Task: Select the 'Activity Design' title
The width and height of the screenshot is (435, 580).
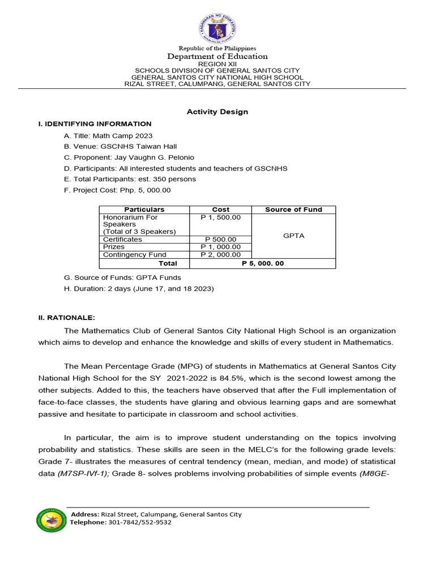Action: (217, 112)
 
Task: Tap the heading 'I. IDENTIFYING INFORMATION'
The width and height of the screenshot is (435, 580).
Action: (95, 123)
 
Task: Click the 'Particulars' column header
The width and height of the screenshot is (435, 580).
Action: (144, 210)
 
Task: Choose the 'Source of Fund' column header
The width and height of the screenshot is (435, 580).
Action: (293, 210)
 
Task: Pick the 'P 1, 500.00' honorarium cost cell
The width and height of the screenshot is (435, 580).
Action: (221, 217)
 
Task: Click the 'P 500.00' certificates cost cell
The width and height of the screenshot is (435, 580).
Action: (221, 240)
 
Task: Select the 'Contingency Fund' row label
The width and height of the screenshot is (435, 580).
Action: (130, 255)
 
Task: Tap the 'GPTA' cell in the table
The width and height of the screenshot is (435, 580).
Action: (293, 236)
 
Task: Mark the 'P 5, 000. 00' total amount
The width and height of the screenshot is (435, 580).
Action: (263, 263)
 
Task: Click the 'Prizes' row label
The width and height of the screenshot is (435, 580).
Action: (113, 247)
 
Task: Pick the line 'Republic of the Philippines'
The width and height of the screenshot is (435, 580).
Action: (217, 49)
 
